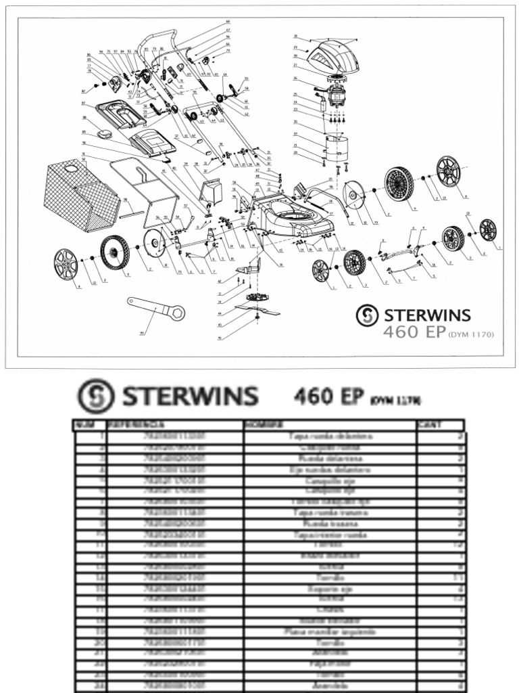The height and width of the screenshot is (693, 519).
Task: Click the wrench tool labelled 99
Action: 157,308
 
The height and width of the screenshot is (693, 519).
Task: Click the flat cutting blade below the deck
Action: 257,311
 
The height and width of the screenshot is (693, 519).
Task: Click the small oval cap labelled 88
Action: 105,134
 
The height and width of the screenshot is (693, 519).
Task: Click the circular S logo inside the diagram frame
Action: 366,315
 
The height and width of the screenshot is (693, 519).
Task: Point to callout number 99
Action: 142,333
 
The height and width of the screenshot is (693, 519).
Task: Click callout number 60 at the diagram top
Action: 228,23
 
